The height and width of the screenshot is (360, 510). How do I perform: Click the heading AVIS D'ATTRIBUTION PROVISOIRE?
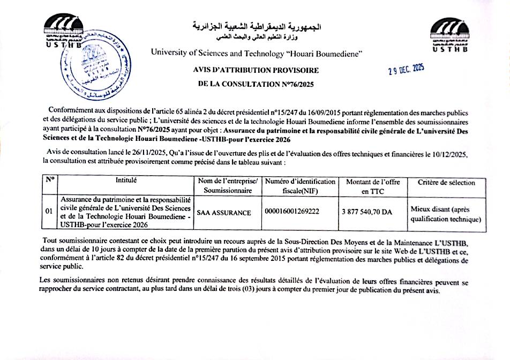tap(256, 70)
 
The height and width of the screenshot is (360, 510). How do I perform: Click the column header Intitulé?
tap(126, 181)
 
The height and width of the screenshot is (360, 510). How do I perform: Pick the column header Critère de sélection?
tap(446, 182)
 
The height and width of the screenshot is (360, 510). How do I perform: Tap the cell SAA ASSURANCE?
tap(224, 213)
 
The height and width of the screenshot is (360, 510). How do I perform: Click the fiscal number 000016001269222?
tap(292, 212)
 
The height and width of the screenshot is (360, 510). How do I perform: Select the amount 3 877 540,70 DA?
tap(366, 212)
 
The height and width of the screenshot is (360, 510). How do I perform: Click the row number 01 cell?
tap(49, 212)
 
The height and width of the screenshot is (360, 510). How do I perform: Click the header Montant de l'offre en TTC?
tap(373, 186)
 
